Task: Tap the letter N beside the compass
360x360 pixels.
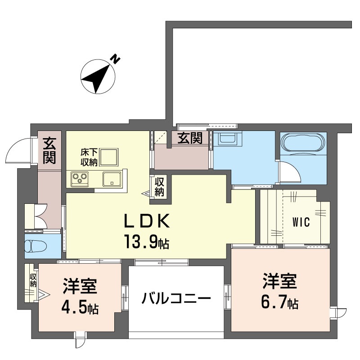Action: coord(116,59)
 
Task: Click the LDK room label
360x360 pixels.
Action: coord(147,221)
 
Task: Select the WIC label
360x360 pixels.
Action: coord(301,222)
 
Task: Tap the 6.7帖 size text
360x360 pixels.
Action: coord(279,303)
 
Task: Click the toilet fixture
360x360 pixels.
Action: coord(35,247)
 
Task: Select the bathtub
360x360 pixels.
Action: coord(303,143)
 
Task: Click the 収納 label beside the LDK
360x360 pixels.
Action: coord(160,186)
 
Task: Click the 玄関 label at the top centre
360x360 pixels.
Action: coord(189,138)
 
